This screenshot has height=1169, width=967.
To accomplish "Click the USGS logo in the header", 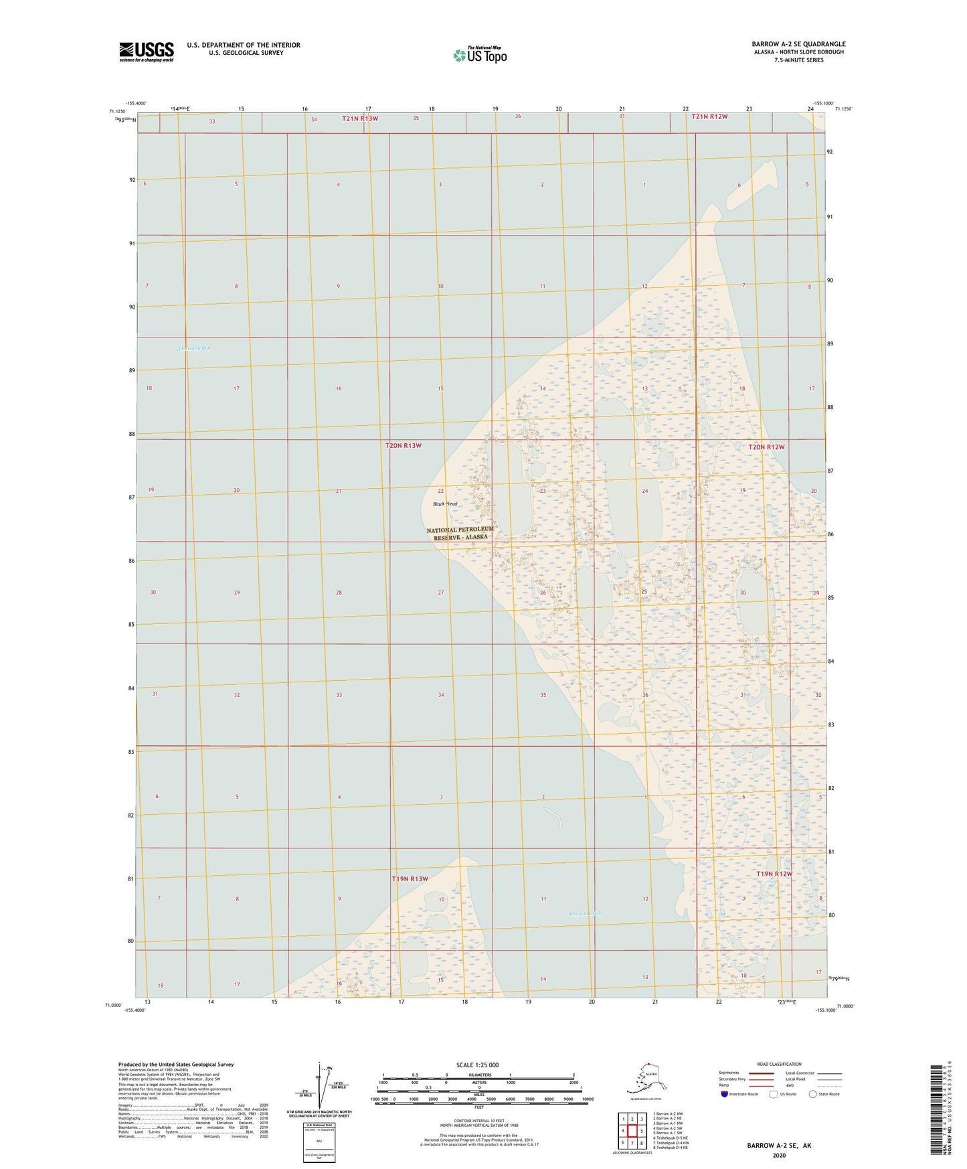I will click(x=146, y=52).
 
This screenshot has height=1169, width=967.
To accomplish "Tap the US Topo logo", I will click(x=480, y=55).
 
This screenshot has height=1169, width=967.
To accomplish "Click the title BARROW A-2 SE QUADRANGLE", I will click(x=798, y=44).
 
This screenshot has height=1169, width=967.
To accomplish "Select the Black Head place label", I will click(x=445, y=503).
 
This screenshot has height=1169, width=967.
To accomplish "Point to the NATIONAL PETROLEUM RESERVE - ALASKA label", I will click(x=460, y=533).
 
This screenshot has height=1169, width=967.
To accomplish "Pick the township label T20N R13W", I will click(x=404, y=445).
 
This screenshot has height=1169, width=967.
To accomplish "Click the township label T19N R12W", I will click(x=774, y=874).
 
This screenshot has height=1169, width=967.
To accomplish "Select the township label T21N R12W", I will click(x=709, y=116).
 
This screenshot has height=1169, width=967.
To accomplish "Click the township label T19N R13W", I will click(x=410, y=878).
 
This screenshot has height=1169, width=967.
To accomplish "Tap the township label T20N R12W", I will click(x=766, y=447).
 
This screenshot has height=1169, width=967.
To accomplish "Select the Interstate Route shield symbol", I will click(x=724, y=1094).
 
